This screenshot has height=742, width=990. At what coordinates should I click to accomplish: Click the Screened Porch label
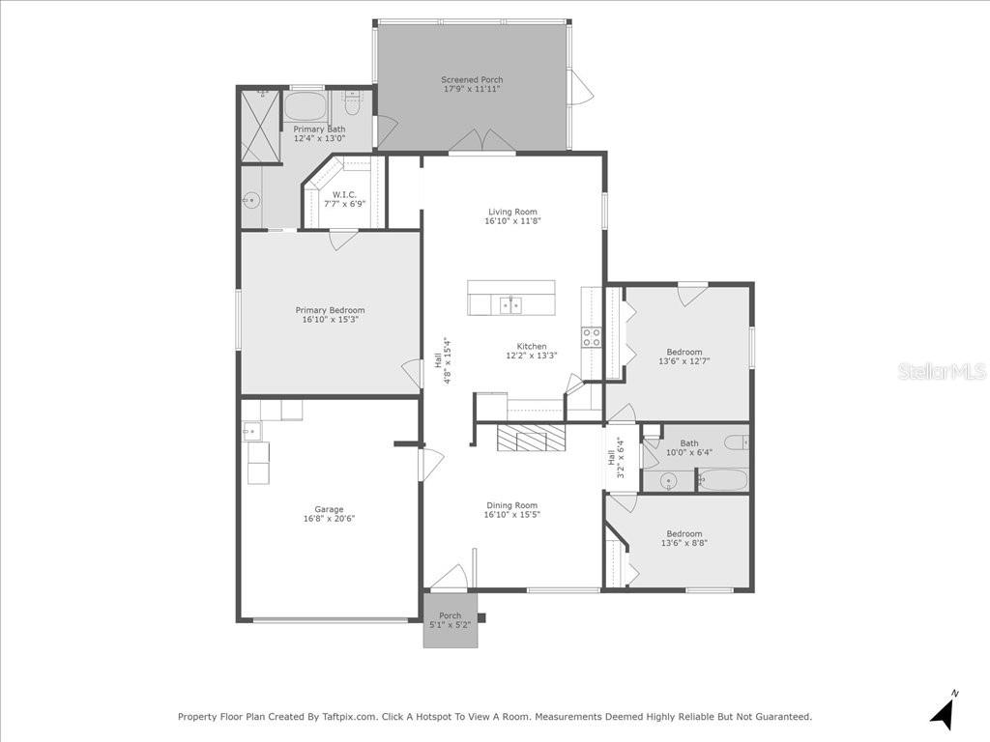472,80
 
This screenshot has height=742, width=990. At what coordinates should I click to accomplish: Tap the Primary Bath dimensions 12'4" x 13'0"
319,139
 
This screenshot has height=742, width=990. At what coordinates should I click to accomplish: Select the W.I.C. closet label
344,194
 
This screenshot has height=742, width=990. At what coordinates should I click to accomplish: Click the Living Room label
512,212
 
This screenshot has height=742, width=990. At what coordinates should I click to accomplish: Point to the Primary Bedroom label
330,310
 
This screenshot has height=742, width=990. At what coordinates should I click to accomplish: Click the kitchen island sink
510,305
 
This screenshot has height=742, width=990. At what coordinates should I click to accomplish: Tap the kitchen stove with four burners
591,337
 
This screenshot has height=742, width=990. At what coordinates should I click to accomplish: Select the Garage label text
329,509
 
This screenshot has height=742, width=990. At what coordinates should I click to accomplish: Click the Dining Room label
511,505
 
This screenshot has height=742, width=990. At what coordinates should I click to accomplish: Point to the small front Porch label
451,615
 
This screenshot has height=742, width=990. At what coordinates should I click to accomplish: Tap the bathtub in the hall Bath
722,480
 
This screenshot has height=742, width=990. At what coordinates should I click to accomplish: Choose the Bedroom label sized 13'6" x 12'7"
684,352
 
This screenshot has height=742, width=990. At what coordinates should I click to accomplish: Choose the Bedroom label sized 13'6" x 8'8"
684,533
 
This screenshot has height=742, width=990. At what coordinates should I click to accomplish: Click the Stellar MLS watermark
941,371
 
